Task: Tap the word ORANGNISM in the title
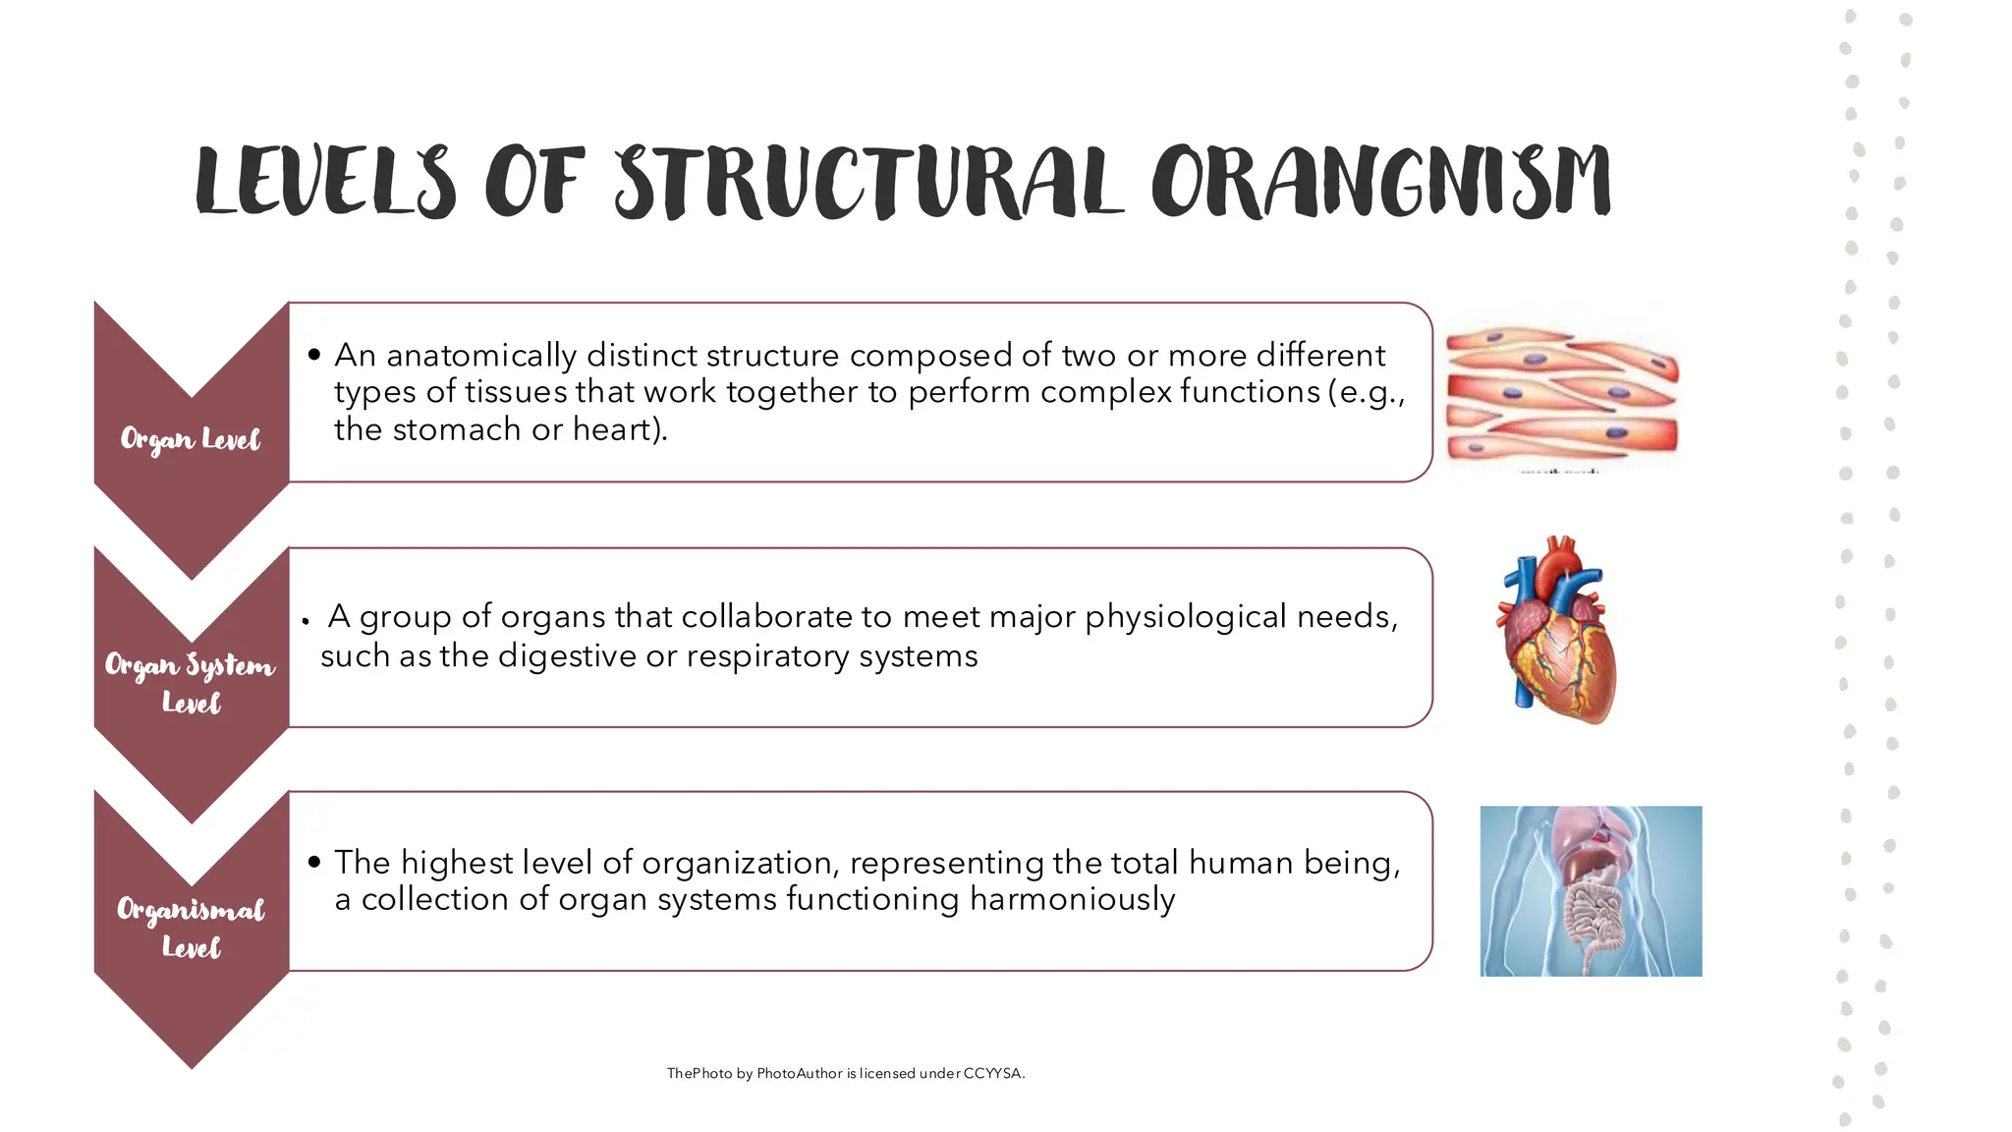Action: click(1381, 183)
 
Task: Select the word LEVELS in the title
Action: click(325, 183)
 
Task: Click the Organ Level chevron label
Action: click(191, 439)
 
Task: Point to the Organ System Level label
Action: click(191, 683)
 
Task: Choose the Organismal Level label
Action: click(191, 927)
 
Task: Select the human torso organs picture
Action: click(1591, 890)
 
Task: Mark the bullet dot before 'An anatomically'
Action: click(313, 355)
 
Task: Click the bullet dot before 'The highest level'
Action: click(313, 863)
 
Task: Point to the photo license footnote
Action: click(845, 1073)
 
